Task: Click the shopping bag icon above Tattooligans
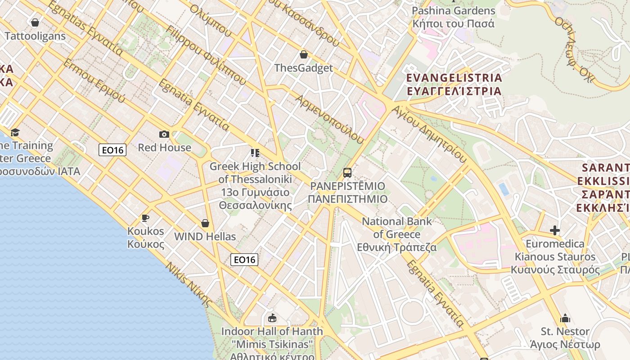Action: [x=35, y=22]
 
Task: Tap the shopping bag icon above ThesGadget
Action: [x=304, y=54]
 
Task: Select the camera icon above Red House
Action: [x=164, y=134]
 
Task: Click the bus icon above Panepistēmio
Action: [x=347, y=172]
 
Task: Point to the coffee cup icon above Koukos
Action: [x=145, y=218]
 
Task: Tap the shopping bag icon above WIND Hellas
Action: [x=205, y=223]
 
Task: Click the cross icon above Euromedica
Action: [x=555, y=230]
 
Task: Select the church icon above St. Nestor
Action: [x=565, y=319]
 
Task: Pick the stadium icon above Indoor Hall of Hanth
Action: [x=272, y=318]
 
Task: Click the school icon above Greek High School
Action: [x=255, y=153]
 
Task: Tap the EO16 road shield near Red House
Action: [x=112, y=150]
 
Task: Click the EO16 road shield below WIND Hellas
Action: [x=244, y=259]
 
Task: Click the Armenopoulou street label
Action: [x=329, y=119]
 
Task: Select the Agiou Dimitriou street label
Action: [x=429, y=134]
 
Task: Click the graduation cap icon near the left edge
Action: [x=15, y=132]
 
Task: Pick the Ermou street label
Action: [x=94, y=80]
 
